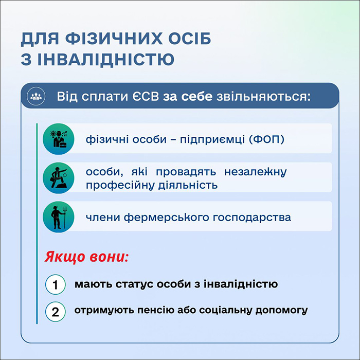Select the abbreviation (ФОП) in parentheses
266,139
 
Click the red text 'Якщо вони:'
86,256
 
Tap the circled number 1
55,284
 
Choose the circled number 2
55,312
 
